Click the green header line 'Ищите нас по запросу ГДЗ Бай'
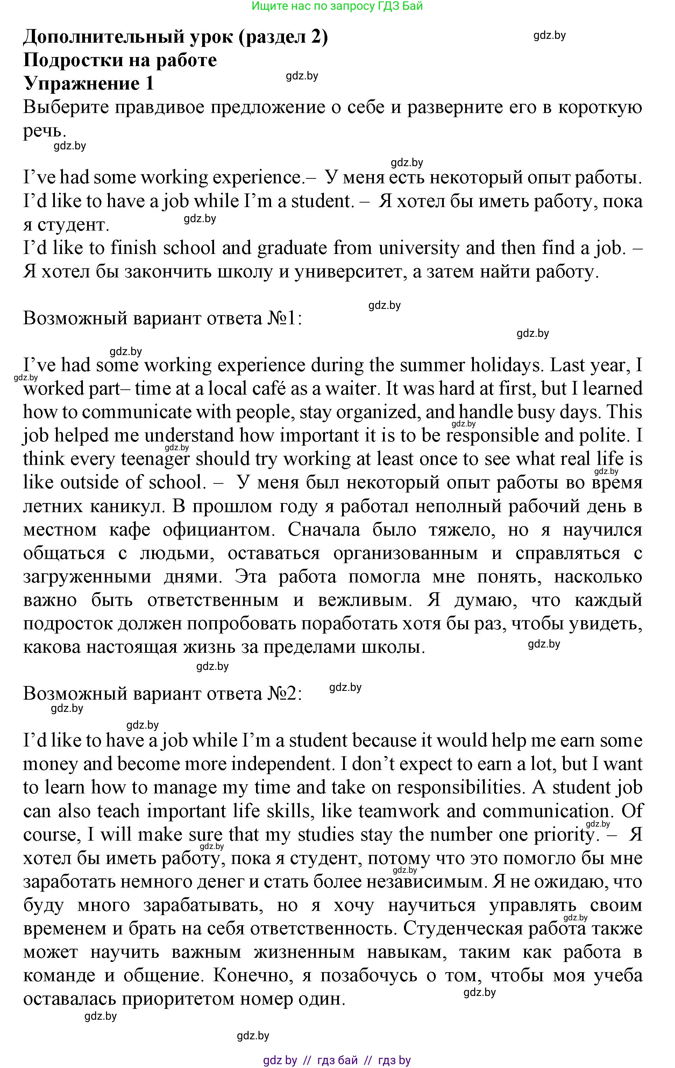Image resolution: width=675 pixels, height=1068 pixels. point(337,6)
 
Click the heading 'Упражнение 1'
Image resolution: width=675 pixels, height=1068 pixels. point(89,83)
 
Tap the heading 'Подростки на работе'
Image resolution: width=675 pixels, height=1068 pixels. point(120,60)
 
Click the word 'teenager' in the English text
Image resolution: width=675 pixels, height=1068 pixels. point(155,459)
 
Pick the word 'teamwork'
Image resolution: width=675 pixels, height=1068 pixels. point(399,811)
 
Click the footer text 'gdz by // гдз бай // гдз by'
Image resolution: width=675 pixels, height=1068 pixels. point(337,1060)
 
